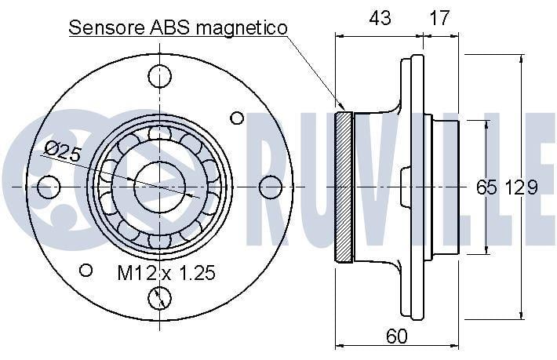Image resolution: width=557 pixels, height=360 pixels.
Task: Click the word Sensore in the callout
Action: coord(107,27)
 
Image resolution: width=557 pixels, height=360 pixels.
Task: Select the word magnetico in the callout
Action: coord(241,28)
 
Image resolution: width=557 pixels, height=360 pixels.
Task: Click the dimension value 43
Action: coord(380,18)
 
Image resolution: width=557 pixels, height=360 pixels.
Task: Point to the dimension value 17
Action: coord(439,18)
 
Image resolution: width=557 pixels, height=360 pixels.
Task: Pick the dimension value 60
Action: coord(396,336)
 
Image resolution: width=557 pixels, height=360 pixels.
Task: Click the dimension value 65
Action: coord(486,187)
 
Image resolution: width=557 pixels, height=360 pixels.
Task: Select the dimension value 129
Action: coord(522,187)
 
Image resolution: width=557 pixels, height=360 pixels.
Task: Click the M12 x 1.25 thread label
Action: coord(166,273)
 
